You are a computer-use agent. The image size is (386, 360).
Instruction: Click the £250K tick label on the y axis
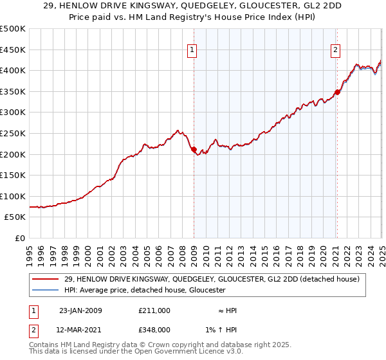pos(12,133)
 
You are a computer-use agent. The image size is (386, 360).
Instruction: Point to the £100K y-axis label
pos(12,196)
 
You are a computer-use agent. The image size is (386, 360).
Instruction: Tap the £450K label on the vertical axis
pos(12,50)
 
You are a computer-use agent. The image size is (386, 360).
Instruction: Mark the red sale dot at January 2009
pos(194,150)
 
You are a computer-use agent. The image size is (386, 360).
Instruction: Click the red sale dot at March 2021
pos(337,92)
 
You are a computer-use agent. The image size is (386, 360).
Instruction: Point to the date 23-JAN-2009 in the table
pos(80,310)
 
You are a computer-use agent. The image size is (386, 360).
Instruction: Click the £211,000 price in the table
pos(154,310)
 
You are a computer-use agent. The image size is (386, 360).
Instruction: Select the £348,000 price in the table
pos(154,329)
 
